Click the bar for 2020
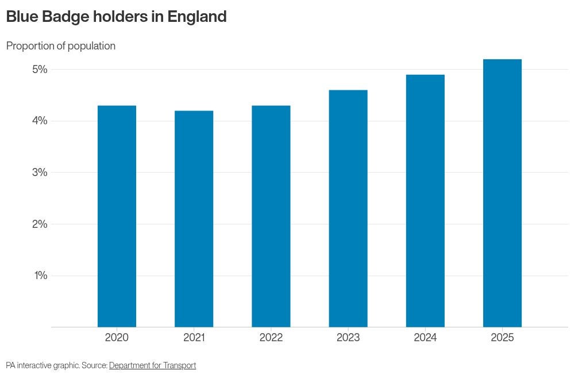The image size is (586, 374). (117, 216)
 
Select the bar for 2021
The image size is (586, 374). (194, 219)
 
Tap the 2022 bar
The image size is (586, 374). (271, 216)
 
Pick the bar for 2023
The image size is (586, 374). (348, 208)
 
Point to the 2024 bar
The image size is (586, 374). (425, 201)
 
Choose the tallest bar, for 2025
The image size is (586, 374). (502, 193)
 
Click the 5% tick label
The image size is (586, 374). (40, 69)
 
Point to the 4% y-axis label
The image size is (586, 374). (40, 121)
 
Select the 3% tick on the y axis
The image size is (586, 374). (40, 172)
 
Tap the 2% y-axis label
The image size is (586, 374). (40, 224)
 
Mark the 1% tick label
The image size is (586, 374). (41, 275)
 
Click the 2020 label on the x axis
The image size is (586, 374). (117, 338)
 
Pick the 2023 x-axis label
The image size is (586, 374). (348, 338)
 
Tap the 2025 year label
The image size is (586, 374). (502, 338)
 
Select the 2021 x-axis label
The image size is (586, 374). (194, 338)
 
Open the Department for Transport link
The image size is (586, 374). (152, 365)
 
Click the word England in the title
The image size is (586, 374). (197, 17)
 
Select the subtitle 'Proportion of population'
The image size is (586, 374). (61, 46)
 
